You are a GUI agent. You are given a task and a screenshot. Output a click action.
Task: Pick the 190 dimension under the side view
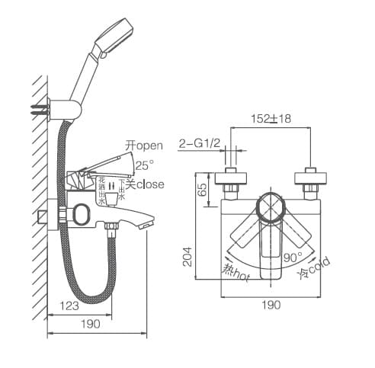pos(90,325)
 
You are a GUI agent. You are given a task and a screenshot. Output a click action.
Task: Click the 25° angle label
pos(144,164)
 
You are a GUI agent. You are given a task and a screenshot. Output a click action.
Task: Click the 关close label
pos(145,184)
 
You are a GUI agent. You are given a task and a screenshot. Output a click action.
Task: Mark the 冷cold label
pos(314,267)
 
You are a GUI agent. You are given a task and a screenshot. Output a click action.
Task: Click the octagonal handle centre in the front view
pos(271,206)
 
